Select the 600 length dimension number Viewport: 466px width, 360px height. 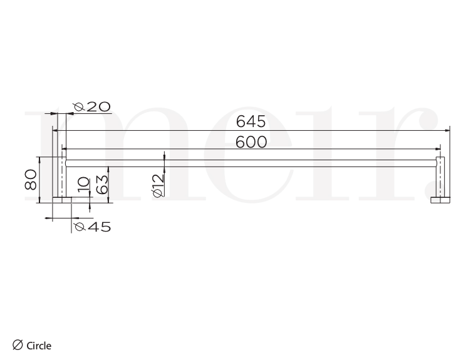click(251, 142)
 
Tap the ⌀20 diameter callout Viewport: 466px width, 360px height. click(92, 107)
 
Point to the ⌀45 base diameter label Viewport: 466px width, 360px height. click(92, 227)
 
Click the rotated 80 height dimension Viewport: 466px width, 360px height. click(29, 180)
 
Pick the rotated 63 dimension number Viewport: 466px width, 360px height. click(103, 184)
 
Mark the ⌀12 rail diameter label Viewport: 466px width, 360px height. click(158, 186)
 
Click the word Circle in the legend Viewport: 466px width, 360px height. click(39, 345)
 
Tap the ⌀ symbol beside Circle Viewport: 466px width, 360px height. click(18, 344)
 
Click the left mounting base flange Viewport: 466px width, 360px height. click(61, 200)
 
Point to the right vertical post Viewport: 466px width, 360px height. click(440, 177)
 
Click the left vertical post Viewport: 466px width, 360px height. click(61, 177)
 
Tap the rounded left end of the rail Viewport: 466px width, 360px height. click(67, 163)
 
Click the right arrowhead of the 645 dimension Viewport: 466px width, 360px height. click(448, 130)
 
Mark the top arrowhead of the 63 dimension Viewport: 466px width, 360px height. click(110, 168)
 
